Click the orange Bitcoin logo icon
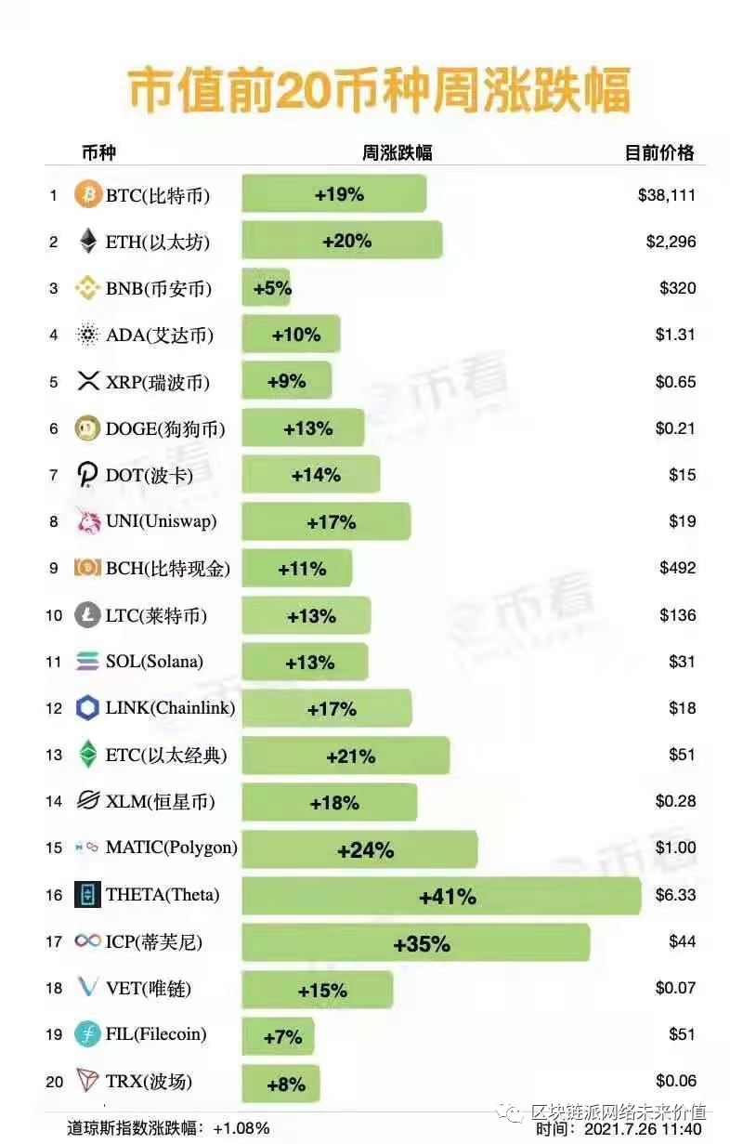click(x=87, y=195)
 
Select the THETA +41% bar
click(x=441, y=896)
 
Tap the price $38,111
click(x=666, y=195)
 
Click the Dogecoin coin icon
click(x=87, y=428)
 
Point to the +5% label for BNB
click(x=272, y=288)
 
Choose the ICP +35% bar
click(x=415, y=943)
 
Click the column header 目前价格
click(x=659, y=153)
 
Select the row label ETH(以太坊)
click(x=158, y=243)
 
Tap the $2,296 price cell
click(x=671, y=242)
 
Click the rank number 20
click(x=54, y=1082)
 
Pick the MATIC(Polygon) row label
click(x=172, y=848)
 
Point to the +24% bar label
click(x=366, y=850)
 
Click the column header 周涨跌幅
click(x=397, y=153)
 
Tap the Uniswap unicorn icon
click(x=87, y=521)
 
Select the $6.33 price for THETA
click(x=675, y=894)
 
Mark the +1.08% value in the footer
click(x=241, y=1128)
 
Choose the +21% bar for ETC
click(x=350, y=756)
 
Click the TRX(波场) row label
click(x=149, y=1082)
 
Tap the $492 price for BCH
click(x=677, y=568)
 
